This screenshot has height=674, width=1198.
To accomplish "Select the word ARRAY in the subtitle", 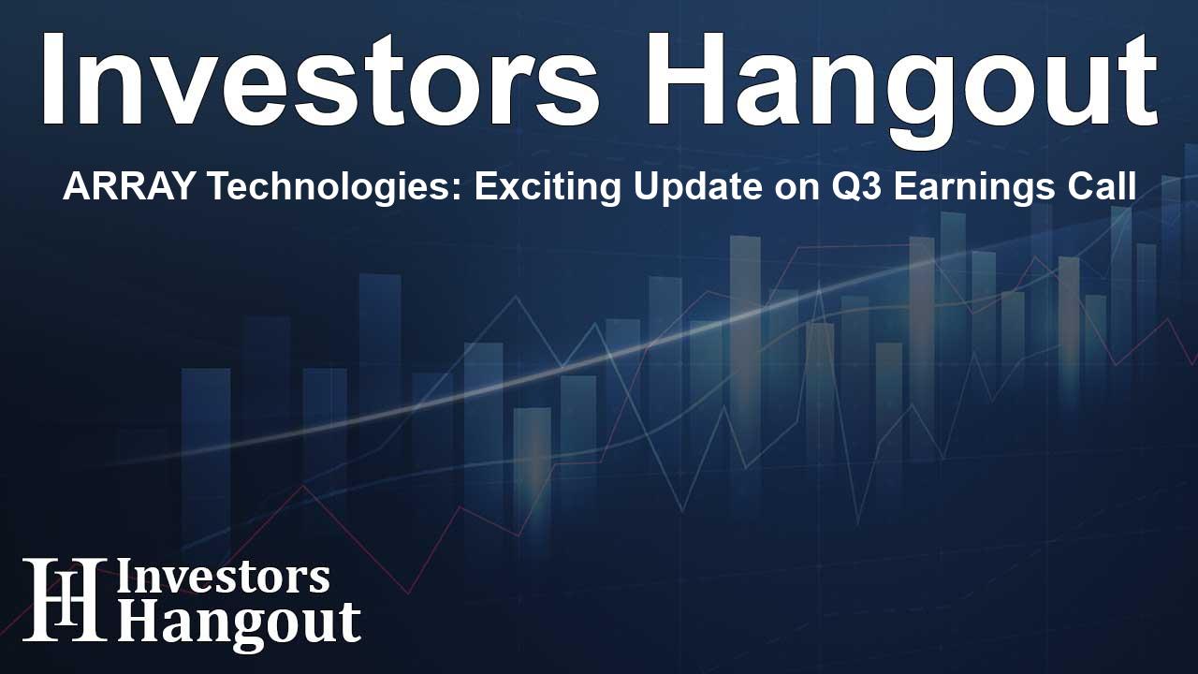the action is point(127,186).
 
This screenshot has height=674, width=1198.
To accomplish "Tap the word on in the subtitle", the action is point(811,190).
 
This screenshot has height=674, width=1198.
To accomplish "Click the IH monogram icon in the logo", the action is point(65,598).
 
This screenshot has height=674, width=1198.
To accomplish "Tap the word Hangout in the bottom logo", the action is point(239,623).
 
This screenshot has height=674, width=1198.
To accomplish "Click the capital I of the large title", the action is point(51,80).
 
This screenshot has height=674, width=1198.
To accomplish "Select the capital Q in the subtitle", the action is point(855,188).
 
